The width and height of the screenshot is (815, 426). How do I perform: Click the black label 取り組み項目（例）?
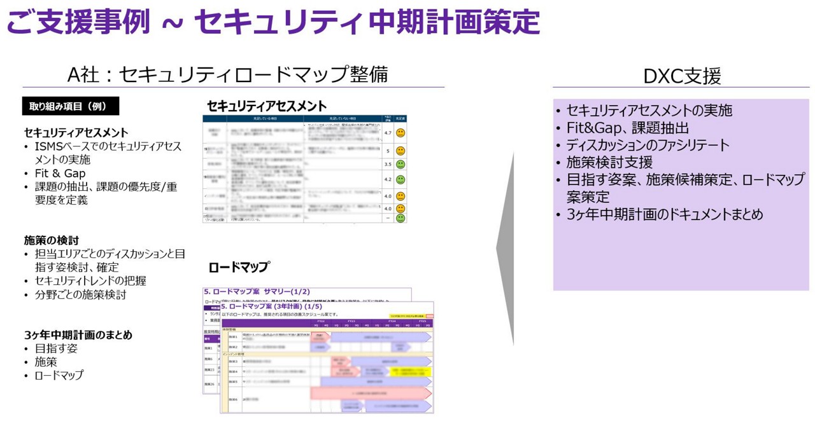pos(71,106)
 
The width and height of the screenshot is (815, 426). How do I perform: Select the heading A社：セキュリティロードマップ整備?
pos(227,74)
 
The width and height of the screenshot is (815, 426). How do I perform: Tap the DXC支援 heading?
pos(682,76)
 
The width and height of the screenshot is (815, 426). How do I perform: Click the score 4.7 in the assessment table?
pos(388,133)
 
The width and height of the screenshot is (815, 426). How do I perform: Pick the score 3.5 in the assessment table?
pos(388,164)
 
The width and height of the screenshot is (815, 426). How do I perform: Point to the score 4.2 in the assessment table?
pos(388,179)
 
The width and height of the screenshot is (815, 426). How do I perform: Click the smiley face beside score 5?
pos(400,151)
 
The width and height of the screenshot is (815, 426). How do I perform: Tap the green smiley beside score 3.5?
pos(400,164)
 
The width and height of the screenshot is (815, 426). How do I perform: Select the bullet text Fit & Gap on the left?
pos(60,173)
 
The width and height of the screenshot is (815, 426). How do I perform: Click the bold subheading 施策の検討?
pos(52,240)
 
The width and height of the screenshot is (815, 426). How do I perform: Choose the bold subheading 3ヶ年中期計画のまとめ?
pos(78,334)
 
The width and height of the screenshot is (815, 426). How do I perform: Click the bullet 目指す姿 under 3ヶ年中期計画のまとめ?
pos(56,348)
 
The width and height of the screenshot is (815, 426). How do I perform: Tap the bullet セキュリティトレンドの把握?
pos(90,280)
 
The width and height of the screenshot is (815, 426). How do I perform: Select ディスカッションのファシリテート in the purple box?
pos(648,145)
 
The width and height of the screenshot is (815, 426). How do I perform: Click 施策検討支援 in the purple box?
pos(609,162)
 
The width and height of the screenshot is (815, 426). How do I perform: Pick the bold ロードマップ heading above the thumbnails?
pos(239,267)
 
